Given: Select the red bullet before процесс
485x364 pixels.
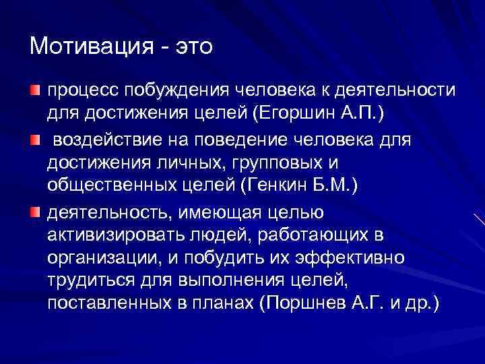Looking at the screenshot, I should click(x=35, y=90).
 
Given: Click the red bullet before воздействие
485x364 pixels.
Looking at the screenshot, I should click(x=35, y=139).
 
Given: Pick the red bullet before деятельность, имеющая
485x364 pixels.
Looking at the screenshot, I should click(x=35, y=213).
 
